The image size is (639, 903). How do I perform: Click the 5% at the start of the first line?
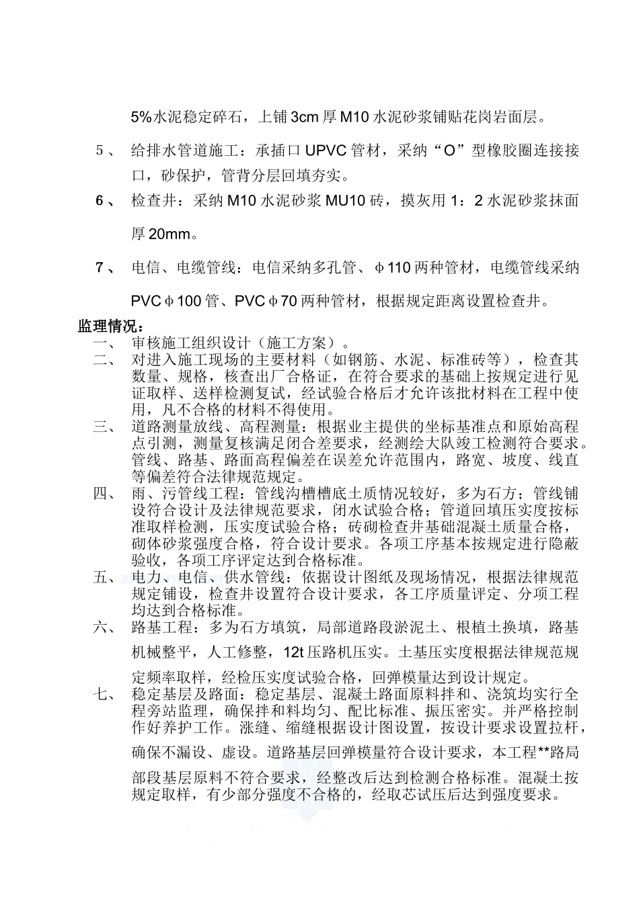coord(141,118)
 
